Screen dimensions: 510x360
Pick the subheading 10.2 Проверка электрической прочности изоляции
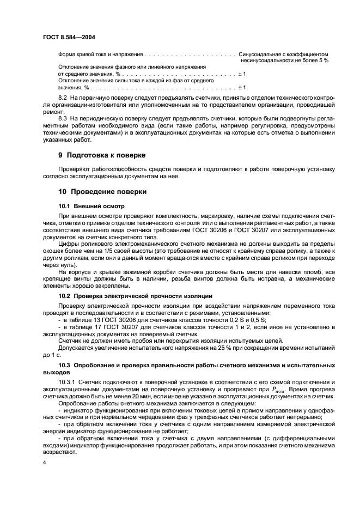[x=135, y=295]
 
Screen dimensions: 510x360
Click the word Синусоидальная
[x=260, y=54]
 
